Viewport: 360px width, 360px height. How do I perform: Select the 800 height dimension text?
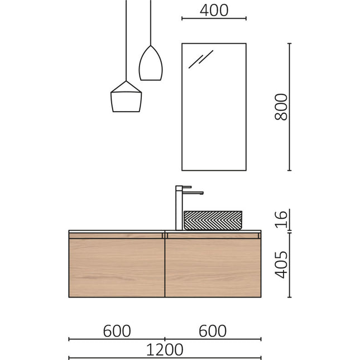pos(281,107)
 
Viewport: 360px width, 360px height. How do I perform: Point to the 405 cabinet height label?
pos(281,265)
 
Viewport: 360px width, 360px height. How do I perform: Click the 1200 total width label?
pos(165,349)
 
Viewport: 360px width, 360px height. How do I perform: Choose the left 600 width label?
pos(117,331)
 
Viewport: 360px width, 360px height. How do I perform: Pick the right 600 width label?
pos(213,331)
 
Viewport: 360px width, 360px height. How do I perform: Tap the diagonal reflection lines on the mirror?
pos(200,59)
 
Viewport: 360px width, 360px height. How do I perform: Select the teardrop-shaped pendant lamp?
pos(150,64)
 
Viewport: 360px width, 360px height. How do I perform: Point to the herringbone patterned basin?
pos(213,220)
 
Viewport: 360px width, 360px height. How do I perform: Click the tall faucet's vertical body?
pos(179,209)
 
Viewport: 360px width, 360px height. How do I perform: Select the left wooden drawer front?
pos(116,267)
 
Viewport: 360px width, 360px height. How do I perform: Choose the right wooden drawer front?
pos(213,267)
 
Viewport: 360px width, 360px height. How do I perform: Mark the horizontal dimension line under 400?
pos(214,18)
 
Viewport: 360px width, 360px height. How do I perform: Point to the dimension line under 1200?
pos(165,358)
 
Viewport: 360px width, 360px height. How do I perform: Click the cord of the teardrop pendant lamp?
pos(150,22)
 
